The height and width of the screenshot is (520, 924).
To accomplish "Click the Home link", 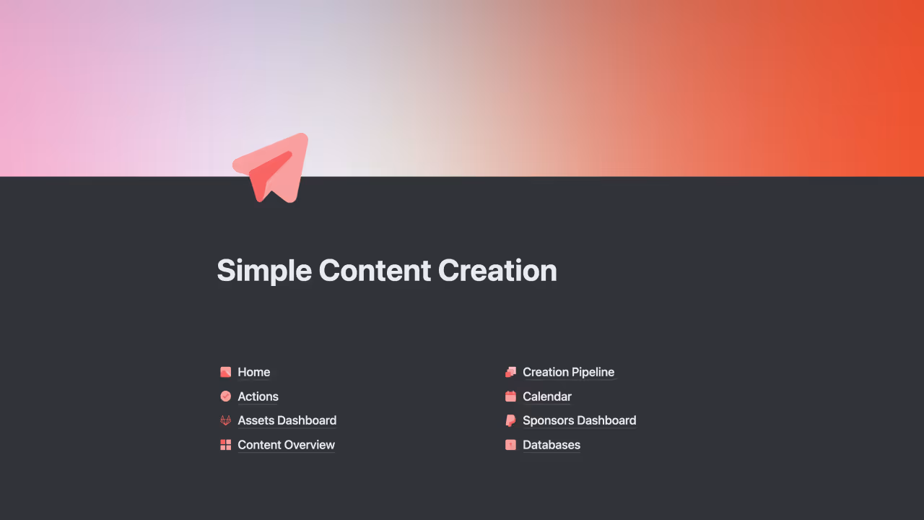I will point(253,372).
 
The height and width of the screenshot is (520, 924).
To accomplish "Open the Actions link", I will point(258,396).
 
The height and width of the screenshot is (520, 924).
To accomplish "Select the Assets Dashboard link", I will point(287,420).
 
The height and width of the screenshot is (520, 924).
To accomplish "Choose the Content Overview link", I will point(286,445).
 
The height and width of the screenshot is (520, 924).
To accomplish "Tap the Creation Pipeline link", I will point(568,372).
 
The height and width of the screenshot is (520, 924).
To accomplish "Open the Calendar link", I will point(546,396).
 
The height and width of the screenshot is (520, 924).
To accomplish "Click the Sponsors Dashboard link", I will point(579,420).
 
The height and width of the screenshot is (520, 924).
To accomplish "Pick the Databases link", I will point(551,445).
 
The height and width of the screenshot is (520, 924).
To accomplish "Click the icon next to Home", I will point(225,372).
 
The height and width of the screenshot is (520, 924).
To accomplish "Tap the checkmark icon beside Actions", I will point(225,396).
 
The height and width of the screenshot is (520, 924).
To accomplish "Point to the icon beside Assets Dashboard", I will point(225,420).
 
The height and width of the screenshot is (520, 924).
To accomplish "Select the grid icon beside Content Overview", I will point(225,445).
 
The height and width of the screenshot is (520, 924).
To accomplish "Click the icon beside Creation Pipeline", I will point(510,372).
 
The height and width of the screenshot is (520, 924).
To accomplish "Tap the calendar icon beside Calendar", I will point(510,396).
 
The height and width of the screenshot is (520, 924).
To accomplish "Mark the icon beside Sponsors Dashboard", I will point(510,420).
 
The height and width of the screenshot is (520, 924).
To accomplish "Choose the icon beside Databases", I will point(510,445).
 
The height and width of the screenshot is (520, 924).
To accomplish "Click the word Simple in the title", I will point(263,271).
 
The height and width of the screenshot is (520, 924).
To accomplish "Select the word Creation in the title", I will point(497,271).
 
